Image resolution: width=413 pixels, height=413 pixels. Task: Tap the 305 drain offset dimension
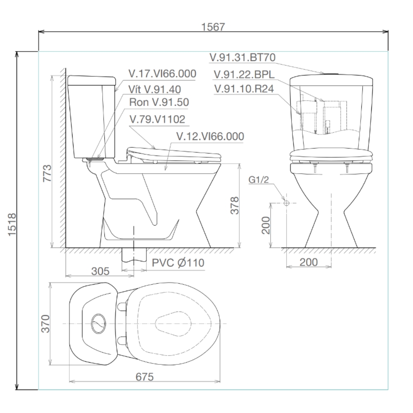coord(100,271)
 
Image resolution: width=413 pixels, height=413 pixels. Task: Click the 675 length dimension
coord(145,377)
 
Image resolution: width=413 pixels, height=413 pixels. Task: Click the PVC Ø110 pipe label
coord(178,263)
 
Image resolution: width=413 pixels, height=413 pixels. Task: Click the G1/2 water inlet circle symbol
coord(286,203)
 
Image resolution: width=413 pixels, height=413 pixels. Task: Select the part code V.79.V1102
coord(157,119)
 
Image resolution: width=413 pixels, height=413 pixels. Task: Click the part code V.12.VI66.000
coord(210,136)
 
